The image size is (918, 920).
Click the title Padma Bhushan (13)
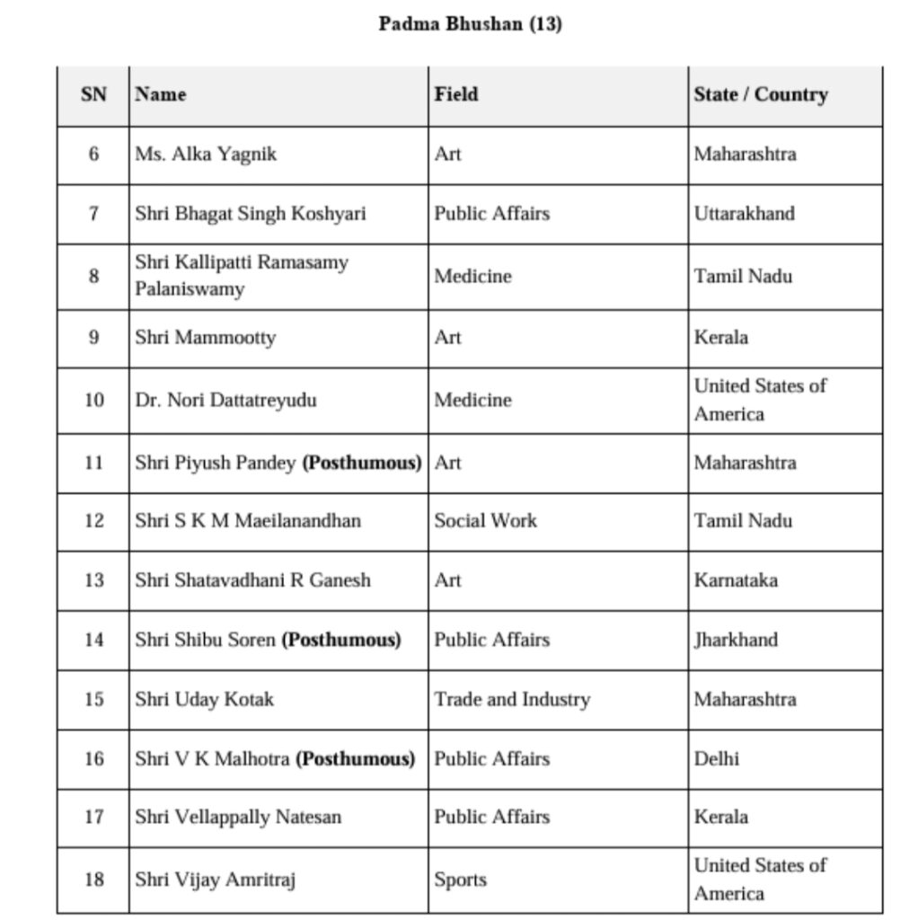470,24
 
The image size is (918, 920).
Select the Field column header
455,94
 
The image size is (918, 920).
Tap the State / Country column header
760,94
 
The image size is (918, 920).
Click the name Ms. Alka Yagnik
206,155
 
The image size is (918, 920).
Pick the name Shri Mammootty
205,338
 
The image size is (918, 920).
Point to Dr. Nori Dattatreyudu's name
225,400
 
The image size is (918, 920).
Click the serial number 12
93,521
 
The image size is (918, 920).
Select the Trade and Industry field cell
512,699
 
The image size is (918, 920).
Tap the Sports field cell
460,880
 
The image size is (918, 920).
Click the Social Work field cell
485,521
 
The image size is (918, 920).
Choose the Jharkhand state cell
736,640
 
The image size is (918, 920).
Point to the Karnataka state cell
736,580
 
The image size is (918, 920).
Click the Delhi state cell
716,759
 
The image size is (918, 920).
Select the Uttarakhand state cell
744,214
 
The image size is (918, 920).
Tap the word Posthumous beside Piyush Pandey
362,463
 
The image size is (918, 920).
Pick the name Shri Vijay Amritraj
216,880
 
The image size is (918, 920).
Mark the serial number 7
93,214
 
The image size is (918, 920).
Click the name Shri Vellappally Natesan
238,818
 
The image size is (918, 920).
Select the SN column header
93,94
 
